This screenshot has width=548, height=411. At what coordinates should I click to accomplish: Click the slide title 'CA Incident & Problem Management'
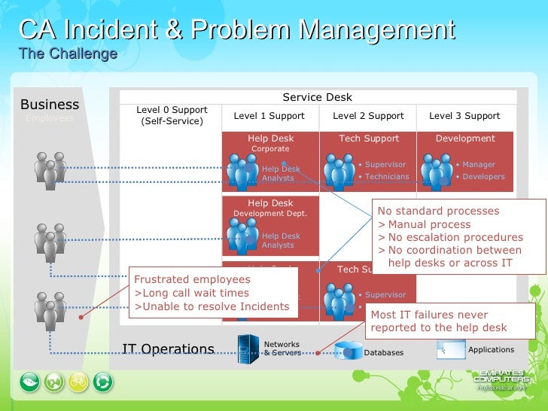click(x=236, y=32)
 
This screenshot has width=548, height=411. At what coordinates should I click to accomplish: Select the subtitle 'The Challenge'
click(x=68, y=54)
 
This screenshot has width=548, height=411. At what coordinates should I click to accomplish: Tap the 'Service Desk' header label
click(x=317, y=97)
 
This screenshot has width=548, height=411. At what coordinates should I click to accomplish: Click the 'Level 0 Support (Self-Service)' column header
click(x=172, y=115)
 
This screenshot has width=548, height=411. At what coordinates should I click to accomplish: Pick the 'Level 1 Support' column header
click(x=269, y=116)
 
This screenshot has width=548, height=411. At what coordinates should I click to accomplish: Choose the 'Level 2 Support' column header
click(x=368, y=116)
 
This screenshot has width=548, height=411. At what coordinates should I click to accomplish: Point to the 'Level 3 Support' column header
click(x=464, y=116)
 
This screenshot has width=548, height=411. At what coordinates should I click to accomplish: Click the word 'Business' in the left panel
click(x=50, y=105)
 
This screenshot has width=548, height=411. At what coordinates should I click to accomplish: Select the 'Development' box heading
click(x=465, y=139)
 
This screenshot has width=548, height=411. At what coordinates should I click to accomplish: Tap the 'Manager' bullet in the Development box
click(x=479, y=164)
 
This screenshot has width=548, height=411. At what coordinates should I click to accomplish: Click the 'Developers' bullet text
click(x=483, y=177)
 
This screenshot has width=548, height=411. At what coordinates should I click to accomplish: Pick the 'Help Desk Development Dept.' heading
click(x=270, y=208)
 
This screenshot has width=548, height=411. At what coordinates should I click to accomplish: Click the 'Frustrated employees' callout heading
click(x=192, y=279)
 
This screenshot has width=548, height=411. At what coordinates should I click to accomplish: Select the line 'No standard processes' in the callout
click(x=438, y=211)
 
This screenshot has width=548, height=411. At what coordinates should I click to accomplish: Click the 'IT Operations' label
click(x=168, y=349)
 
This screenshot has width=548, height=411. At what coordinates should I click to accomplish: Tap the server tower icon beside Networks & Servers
click(x=248, y=349)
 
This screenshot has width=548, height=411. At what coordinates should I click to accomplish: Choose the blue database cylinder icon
click(x=348, y=352)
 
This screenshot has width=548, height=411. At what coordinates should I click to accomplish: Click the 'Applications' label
click(x=491, y=349)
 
